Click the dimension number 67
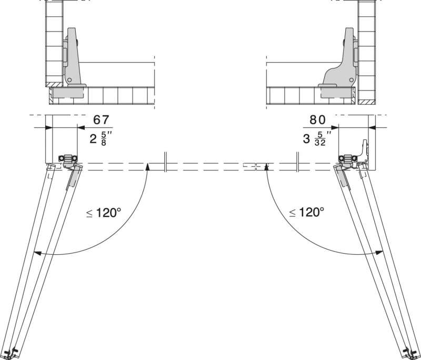(101, 119)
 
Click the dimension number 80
(318, 119)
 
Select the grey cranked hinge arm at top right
(340, 57)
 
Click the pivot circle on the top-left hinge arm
(69, 79)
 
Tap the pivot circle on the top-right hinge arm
(351, 79)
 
